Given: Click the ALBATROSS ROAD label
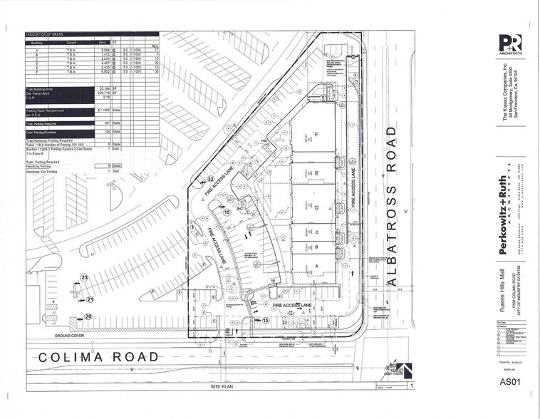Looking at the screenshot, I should (x=390, y=207).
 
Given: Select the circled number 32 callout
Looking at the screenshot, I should (x=211, y=179).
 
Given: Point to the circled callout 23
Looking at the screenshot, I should (x=83, y=277).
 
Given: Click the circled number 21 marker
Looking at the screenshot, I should (x=90, y=300).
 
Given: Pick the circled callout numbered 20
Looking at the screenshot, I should (x=88, y=316).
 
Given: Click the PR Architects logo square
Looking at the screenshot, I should (x=510, y=45).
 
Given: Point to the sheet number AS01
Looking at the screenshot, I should (x=511, y=383).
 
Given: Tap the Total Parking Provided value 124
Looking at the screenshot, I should (x=105, y=133).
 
